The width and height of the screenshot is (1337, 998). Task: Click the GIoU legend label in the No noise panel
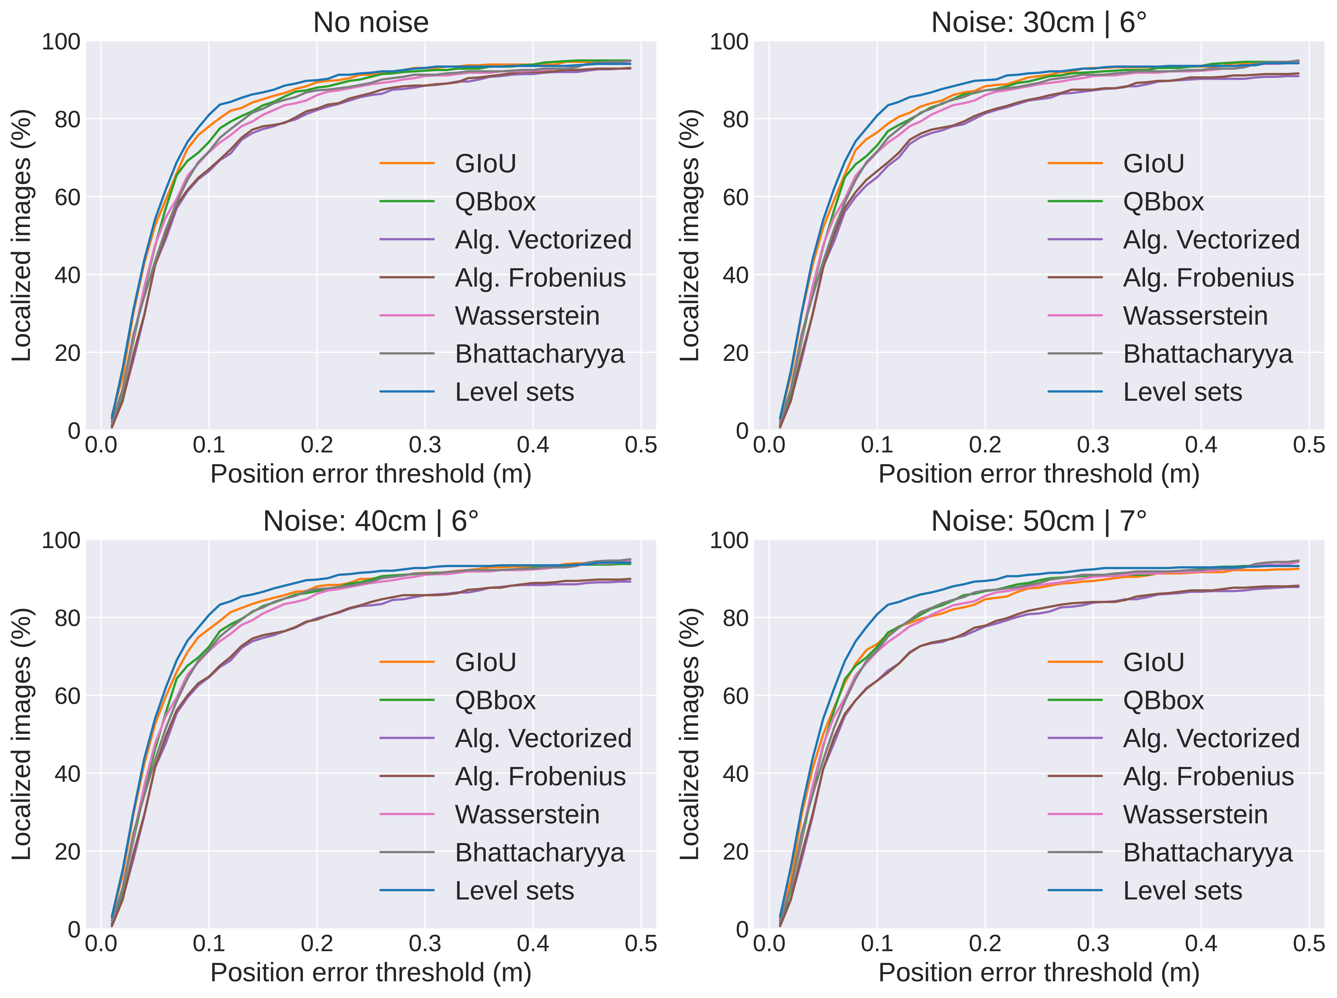(x=485, y=164)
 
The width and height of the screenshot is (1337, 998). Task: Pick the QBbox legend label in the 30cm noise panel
(x=1163, y=202)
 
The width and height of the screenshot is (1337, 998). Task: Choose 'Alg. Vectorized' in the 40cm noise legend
(x=543, y=738)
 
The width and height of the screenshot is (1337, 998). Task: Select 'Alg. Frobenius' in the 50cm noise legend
(x=1208, y=776)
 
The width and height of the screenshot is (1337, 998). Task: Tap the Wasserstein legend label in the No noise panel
(x=527, y=316)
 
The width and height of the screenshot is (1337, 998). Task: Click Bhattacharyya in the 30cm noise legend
(x=1208, y=354)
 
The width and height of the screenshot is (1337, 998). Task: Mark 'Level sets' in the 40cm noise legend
(x=514, y=890)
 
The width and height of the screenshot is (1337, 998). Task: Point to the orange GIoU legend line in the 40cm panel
(x=407, y=662)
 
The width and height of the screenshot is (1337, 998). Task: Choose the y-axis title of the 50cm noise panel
(x=690, y=734)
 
